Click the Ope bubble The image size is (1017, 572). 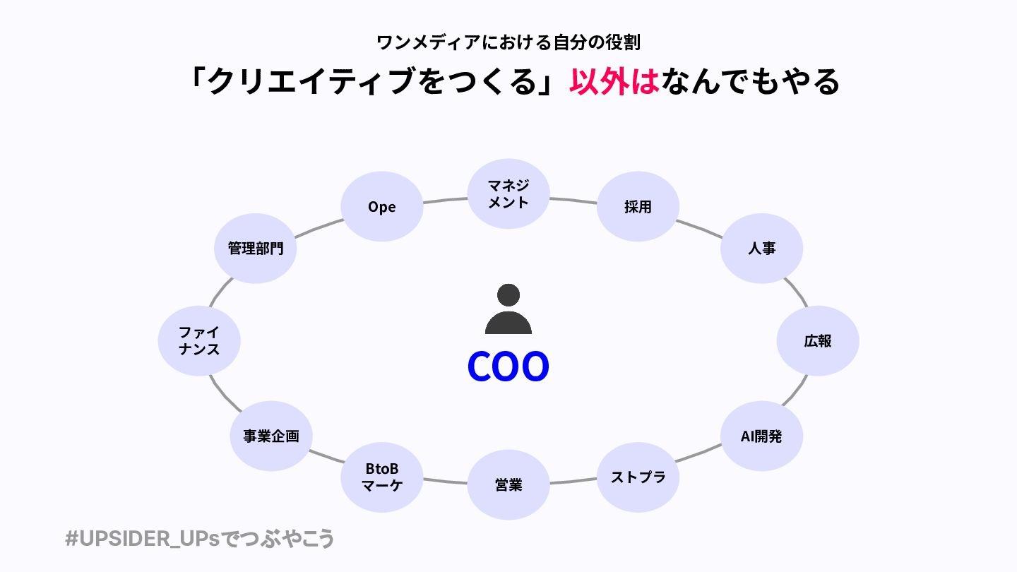pyautogui.click(x=381, y=207)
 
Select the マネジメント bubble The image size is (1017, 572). pyautogui.click(x=509, y=193)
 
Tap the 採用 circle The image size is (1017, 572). pyautogui.click(x=638, y=207)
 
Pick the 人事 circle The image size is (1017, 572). pyautogui.click(x=761, y=249)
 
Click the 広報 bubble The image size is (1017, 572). pyautogui.click(x=818, y=341)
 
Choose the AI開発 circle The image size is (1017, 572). pyautogui.click(x=761, y=436)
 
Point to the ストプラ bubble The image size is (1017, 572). pyautogui.click(x=638, y=477)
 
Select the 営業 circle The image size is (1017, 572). pyautogui.click(x=509, y=485)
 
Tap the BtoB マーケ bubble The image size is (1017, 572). pyautogui.click(x=381, y=477)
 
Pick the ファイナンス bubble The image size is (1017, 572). pyautogui.click(x=199, y=341)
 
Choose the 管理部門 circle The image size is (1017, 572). pyautogui.click(x=255, y=249)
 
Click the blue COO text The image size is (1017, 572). pyautogui.click(x=509, y=367)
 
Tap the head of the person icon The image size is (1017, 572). pyautogui.click(x=509, y=294)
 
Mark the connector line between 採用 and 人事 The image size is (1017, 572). pyautogui.click(x=699, y=227)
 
